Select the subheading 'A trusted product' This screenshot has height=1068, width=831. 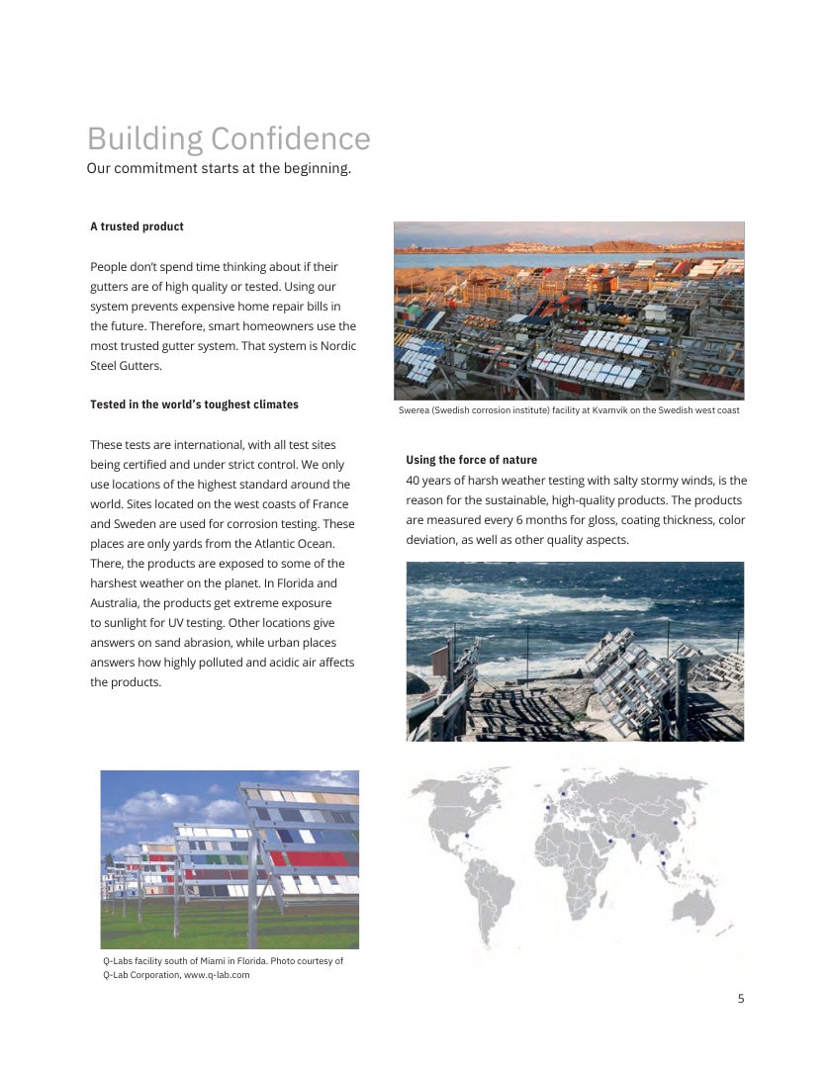pos(137,226)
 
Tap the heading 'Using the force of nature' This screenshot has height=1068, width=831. pos(471,460)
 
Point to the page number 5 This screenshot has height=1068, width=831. pos(741,998)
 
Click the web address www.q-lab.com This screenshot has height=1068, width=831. pos(217,975)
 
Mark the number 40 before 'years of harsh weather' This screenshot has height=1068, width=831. pos(414,481)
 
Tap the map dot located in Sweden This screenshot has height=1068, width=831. pos(562,794)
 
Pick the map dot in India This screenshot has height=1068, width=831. pos(633,837)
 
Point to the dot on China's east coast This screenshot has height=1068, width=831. pos(676,822)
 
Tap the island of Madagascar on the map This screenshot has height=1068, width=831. pos(604,898)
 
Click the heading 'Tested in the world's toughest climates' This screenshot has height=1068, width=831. pos(194,404)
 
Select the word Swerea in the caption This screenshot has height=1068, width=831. pos(415,410)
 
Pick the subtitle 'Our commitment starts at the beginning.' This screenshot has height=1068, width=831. pos(219,168)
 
